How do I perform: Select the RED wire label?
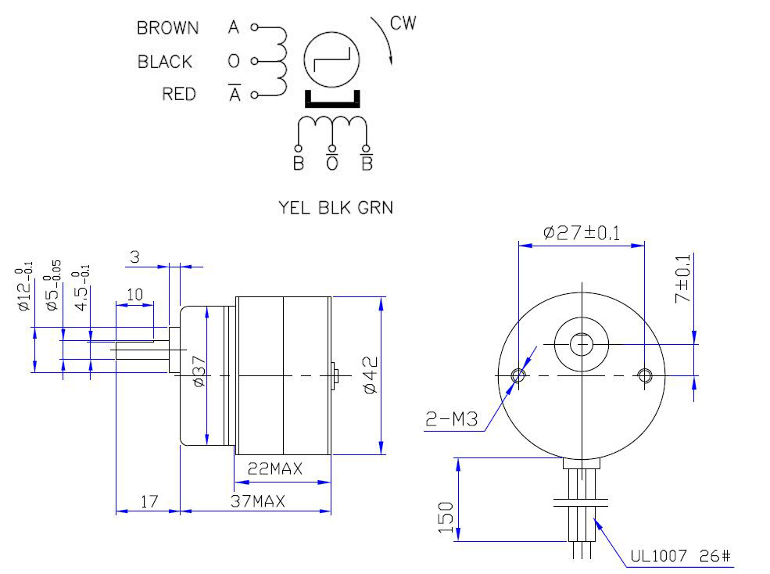[x=179, y=95]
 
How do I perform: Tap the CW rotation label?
[x=403, y=23]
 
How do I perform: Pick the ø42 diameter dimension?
[x=370, y=375]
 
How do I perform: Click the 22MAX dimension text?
[x=275, y=469]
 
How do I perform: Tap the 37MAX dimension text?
[x=257, y=501]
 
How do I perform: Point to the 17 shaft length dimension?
[x=148, y=501]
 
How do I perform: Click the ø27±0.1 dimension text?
[x=582, y=232]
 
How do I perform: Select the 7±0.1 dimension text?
[x=682, y=279]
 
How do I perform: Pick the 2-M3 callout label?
[x=452, y=421]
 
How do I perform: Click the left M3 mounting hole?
[x=518, y=376]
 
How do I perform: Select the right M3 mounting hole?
[x=645, y=376]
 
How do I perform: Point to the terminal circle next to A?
[x=253, y=27]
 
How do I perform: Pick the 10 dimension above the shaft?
[x=134, y=294]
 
